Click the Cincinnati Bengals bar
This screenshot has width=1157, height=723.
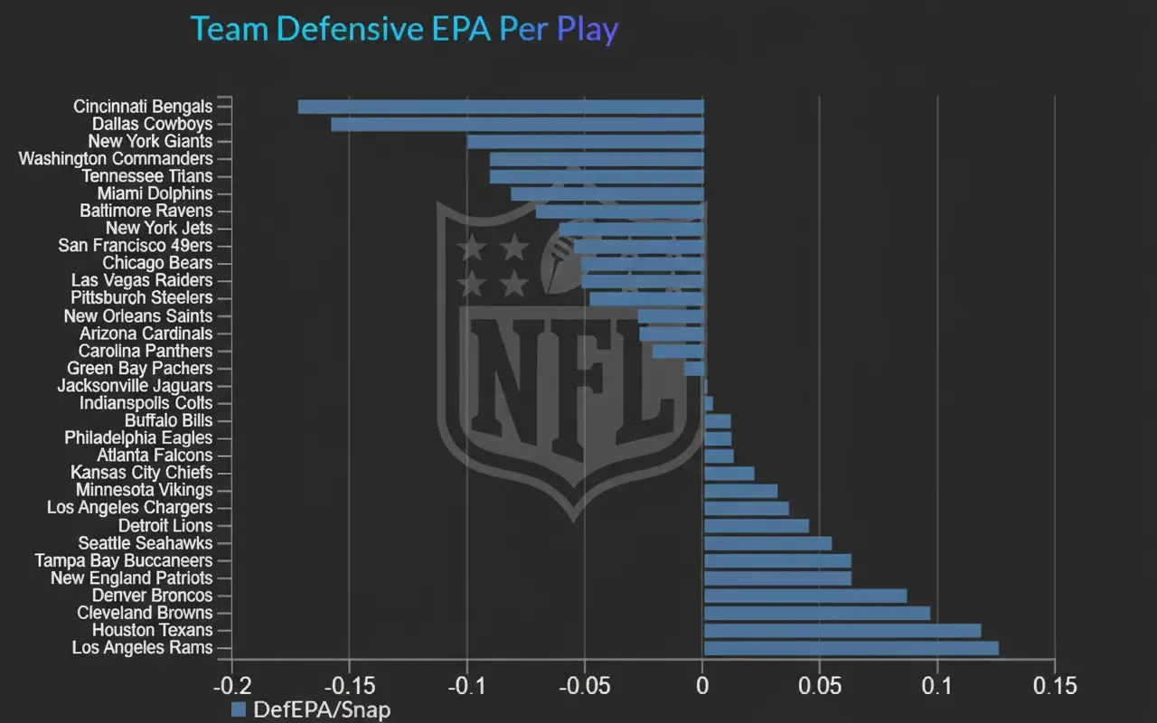pyautogui.click(x=501, y=107)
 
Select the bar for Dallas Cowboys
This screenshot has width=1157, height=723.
pyautogui.click(x=517, y=124)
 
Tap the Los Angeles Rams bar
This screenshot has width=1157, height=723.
pyautogui.click(x=851, y=648)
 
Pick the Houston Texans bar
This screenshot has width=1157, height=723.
pyautogui.click(x=842, y=631)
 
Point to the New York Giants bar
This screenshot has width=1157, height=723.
pyautogui.click(x=586, y=142)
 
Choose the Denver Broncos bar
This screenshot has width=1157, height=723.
pyautogui.click(x=805, y=596)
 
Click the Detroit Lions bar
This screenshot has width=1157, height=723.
pyautogui.click(x=757, y=526)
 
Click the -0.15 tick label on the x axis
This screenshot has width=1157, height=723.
pyautogui.click(x=349, y=686)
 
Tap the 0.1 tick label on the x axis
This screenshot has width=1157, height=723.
pyautogui.click(x=937, y=686)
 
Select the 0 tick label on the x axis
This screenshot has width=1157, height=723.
pyautogui.click(x=703, y=686)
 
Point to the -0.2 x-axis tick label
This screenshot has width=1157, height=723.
pyautogui.click(x=232, y=686)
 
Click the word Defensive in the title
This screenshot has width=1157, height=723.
pyautogui.click(x=349, y=29)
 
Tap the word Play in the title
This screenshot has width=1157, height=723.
pyautogui.click(x=588, y=29)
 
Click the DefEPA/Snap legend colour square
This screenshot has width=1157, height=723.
pyautogui.click(x=239, y=709)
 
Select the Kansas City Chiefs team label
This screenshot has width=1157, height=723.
pyautogui.click(x=142, y=473)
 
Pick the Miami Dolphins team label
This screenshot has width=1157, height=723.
pyautogui.click(x=155, y=193)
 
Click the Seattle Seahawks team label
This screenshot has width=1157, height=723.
pyautogui.click(x=146, y=543)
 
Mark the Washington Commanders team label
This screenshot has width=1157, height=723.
pyautogui.click(x=116, y=159)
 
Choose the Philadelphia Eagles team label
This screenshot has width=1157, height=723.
pyautogui.click(x=138, y=438)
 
